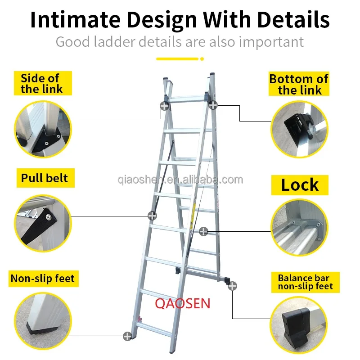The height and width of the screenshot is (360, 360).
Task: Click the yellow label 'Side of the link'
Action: tap(43, 83)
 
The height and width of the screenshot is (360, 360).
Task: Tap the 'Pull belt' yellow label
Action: tap(45, 178)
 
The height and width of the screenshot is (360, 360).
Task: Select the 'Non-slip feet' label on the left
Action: tap(44, 279)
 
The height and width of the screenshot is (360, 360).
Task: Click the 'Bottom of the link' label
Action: tap(299, 84)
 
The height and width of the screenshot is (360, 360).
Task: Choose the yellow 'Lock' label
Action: tap(300, 185)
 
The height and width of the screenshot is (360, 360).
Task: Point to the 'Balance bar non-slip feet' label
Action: tap(306, 282)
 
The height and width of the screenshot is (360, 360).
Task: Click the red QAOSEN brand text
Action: tap(183, 303)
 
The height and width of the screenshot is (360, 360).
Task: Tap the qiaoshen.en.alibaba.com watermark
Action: tap(180, 179)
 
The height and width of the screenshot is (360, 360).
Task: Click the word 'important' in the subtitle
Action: tap(271, 42)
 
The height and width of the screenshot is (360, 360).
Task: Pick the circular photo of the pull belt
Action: tap(43, 223)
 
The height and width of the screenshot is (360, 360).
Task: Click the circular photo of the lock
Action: tap(300, 227)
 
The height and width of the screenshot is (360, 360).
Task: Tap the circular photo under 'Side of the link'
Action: tap(43, 129)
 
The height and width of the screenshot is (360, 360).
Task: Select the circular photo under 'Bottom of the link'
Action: tap(300, 129)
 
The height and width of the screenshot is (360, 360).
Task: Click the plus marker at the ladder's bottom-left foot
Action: tap(127, 336)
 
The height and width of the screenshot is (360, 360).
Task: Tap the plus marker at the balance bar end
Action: tap(232, 286)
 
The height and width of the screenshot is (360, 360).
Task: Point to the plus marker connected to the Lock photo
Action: tap(203, 231)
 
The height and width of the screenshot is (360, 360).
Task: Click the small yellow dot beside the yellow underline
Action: tap(202, 59)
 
